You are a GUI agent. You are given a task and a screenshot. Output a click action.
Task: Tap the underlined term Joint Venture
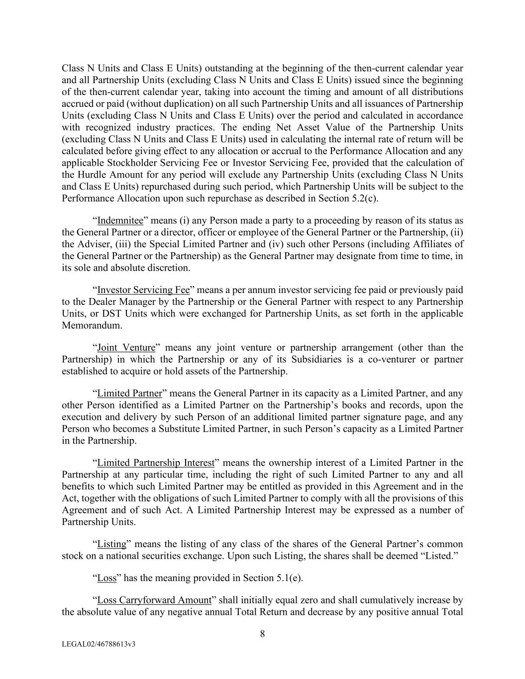click(126, 348)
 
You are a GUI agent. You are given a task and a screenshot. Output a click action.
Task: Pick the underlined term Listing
click(111, 544)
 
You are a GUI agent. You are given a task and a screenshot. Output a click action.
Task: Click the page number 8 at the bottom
click(262, 634)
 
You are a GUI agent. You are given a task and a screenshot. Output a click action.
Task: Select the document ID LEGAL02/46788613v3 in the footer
click(99, 644)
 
